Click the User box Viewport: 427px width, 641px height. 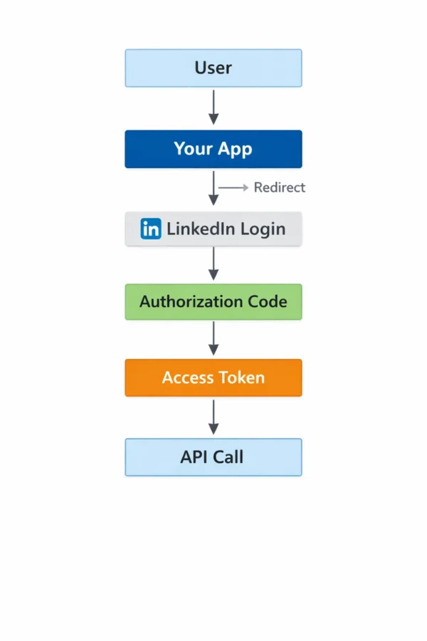pos(213,68)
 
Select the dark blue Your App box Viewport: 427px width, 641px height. pos(213,149)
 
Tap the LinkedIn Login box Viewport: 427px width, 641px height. pos(213,229)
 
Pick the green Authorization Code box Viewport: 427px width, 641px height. pos(213,301)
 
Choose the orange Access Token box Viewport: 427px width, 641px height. pos(213,377)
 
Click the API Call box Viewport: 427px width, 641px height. pos(213,457)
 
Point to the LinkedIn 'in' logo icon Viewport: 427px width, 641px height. pos(151,229)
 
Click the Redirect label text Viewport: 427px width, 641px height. pos(279,187)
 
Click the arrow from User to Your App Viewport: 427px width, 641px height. pos(213,108)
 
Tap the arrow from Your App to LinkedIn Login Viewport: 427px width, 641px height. pos(213,189)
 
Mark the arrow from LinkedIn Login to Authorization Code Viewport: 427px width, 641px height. pos(213,264)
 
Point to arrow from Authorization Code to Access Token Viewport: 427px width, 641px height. pos(213,338)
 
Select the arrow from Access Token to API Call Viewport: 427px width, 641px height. pos(213,417)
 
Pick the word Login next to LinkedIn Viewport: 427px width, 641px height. pos(263,229)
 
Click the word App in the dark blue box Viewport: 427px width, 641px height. pos(235,150)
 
